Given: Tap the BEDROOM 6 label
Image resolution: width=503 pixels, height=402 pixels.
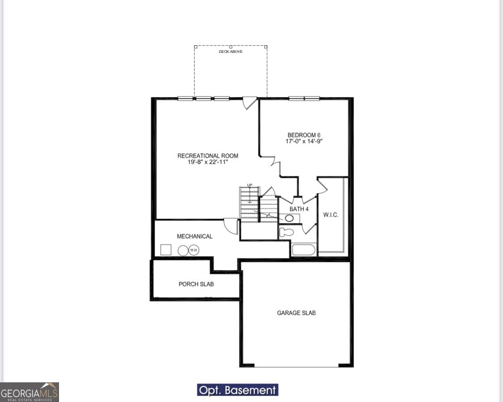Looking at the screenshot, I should (x=304, y=135).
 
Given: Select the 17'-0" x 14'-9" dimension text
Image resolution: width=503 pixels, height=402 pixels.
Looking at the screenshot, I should (x=304, y=141).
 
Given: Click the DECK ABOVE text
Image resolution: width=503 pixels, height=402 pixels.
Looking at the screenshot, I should (x=230, y=52).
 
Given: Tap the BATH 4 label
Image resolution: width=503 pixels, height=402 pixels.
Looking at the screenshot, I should (x=299, y=209).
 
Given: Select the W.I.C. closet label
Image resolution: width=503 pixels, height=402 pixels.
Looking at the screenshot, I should (x=330, y=215).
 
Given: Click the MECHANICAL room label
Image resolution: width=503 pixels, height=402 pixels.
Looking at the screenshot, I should (x=194, y=236).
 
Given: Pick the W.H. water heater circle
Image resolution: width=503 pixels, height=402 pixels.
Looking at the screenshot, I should (x=194, y=250).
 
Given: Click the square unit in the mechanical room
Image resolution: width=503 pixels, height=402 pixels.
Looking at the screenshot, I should (x=166, y=250).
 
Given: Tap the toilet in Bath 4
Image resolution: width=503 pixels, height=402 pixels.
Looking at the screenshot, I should (x=286, y=232).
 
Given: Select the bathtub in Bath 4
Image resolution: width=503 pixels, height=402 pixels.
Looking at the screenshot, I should (x=304, y=249).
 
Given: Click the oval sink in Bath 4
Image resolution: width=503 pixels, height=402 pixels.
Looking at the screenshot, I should (x=289, y=219).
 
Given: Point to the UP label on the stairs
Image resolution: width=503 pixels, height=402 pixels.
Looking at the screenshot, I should (x=249, y=185).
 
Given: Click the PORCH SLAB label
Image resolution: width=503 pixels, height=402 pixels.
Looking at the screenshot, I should (x=196, y=284).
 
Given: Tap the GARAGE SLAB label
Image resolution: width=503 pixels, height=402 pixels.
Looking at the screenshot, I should (x=296, y=313).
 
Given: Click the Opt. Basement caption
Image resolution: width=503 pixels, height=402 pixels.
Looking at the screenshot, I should (x=237, y=390).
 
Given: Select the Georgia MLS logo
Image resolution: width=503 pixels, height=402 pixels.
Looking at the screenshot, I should (x=30, y=392).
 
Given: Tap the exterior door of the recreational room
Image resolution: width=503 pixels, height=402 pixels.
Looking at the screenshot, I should (x=249, y=103).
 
